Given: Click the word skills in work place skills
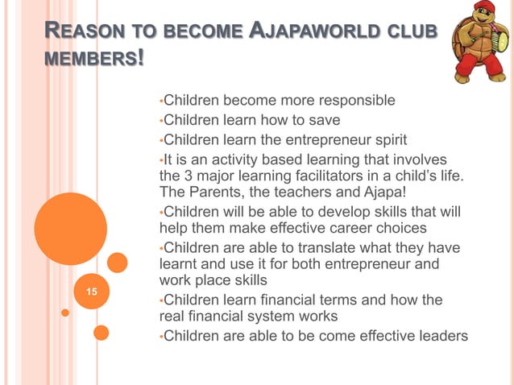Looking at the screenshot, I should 249,282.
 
